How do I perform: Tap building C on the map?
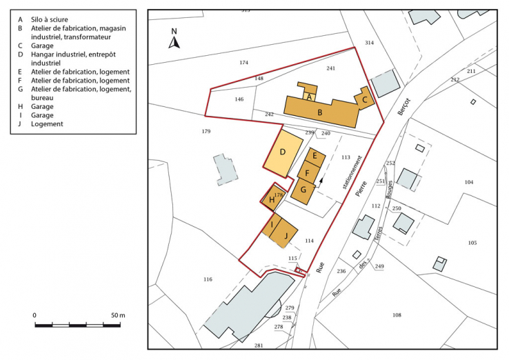(365, 99)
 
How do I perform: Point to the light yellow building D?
(283, 152)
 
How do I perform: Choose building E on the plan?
(315, 157)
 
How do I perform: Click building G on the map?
(303, 189)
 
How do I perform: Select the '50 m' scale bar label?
(117, 315)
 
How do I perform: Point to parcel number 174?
(243, 63)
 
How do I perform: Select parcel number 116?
(208, 279)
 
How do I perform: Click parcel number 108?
(397, 315)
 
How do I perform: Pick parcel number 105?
(472, 243)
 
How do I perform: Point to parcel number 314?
(369, 43)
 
